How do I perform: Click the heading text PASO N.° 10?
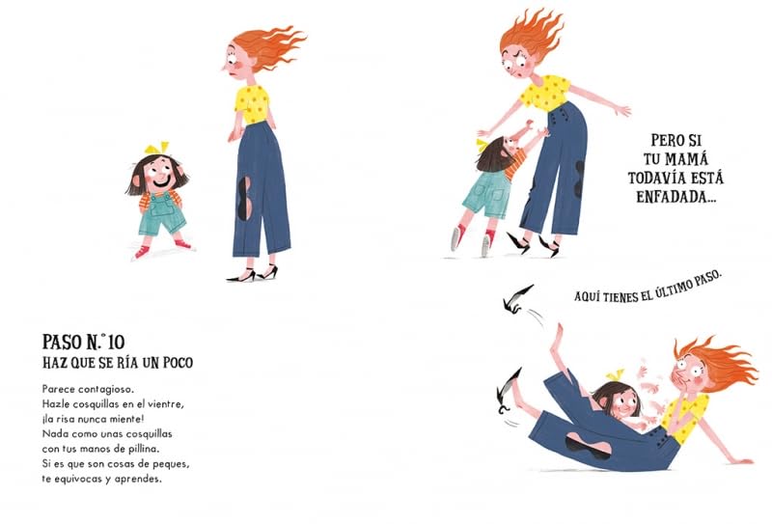98,342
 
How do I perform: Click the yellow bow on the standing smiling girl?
154,150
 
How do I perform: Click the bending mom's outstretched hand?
622,112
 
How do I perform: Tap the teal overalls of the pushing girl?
486,195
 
